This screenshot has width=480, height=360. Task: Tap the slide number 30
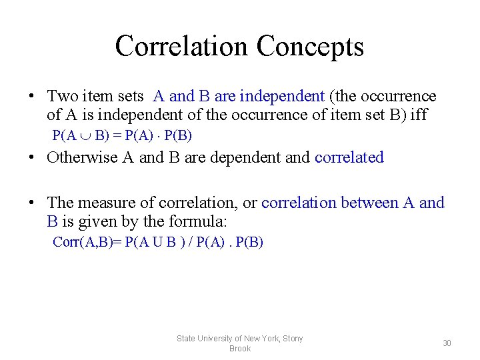[x=447, y=343]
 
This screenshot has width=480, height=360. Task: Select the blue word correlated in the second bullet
[x=349, y=157]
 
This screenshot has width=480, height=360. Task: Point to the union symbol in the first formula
[x=87, y=136]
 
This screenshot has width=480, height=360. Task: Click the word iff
[x=419, y=114]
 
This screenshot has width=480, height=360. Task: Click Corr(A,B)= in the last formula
[x=87, y=242]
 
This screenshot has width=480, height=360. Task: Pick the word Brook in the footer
[x=240, y=349]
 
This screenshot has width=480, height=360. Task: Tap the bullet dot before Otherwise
[x=32, y=158]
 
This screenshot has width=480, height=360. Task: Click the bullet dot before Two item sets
[x=32, y=97]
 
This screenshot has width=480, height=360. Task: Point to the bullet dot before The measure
[x=32, y=203]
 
